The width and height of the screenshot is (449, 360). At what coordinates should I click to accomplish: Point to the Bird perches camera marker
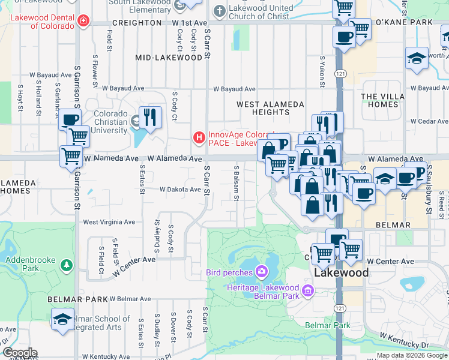[x=261, y=272]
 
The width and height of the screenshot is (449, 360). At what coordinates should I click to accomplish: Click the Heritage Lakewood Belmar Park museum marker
[x=308, y=292]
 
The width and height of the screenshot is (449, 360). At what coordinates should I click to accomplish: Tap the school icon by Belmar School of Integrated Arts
[x=62, y=319]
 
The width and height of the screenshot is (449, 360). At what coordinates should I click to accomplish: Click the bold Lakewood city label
[x=342, y=272]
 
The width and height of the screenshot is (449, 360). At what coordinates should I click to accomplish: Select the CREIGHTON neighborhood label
[x=136, y=23]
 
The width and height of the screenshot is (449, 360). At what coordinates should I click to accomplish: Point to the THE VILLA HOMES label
[x=388, y=100]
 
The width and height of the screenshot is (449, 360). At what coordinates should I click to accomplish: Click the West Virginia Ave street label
[x=109, y=222]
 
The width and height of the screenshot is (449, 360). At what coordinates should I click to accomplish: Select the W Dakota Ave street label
[x=179, y=190]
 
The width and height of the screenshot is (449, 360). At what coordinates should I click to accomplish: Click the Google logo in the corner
[x=20, y=353]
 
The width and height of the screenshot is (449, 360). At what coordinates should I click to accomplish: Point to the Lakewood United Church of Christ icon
[x=220, y=10]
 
